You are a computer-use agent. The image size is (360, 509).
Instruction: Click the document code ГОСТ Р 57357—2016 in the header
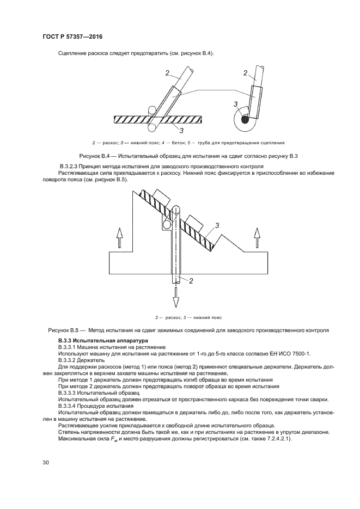[x=72, y=36]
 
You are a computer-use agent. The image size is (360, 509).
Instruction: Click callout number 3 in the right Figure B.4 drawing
[x=235, y=103]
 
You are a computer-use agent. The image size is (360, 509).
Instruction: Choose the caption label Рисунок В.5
[x=64, y=330]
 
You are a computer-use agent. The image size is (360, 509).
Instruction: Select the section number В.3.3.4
[x=68, y=406]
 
